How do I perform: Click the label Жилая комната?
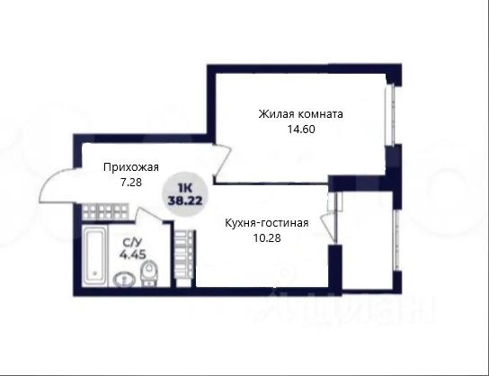[300, 114]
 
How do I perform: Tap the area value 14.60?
[301, 130]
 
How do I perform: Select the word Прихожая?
[131, 167]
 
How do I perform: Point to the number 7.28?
[131, 183]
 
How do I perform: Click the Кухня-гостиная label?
[267, 223]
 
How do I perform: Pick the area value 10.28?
[267, 238]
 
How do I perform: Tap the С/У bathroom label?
[132, 242]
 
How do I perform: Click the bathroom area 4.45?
[132, 255]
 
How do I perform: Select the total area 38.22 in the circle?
[185, 200]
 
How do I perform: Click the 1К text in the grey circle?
[185, 188]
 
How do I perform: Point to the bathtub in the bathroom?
[94, 255]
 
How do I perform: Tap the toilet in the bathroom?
[149, 273]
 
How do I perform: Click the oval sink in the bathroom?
[124, 279]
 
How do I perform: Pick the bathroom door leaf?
[150, 215]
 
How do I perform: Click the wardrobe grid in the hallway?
[105, 211]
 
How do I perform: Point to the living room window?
[390, 114]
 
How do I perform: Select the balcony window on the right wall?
[396, 240]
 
